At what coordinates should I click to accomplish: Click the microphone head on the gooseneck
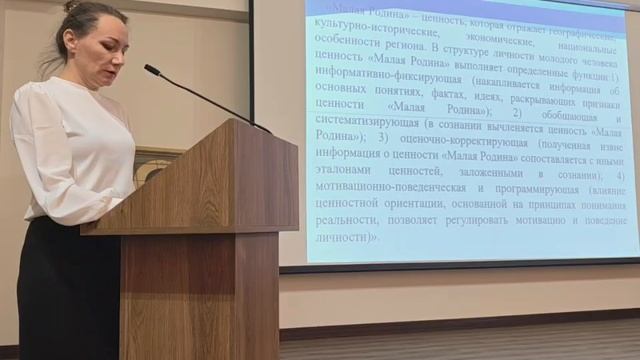[x=152, y=70]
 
